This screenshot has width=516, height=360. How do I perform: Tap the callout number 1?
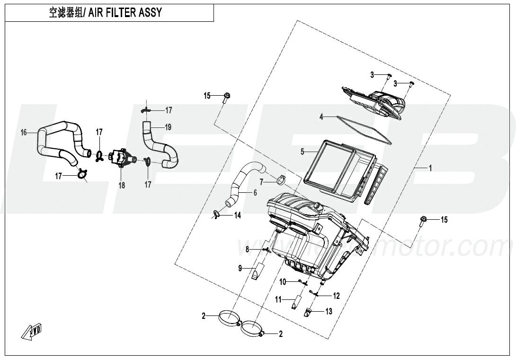click(x=430, y=168)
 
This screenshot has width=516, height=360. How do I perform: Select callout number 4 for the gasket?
click(x=321, y=116)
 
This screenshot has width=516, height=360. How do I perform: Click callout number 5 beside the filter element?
click(x=302, y=152)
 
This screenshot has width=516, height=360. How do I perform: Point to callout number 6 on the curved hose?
click(x=255, y=192)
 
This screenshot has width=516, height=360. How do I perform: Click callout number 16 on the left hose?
click(x=24, y=133)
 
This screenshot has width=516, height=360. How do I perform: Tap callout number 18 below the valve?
click(x=122, y=185)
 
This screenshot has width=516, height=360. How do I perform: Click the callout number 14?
click(x=237, y=215)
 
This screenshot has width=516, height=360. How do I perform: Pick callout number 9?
click(x=240, y=269)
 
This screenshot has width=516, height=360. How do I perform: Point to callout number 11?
click(x=279, y=299)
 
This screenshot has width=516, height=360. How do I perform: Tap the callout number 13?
click(x=328, y=311)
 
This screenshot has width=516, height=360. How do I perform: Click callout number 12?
click(x=336, y=296)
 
